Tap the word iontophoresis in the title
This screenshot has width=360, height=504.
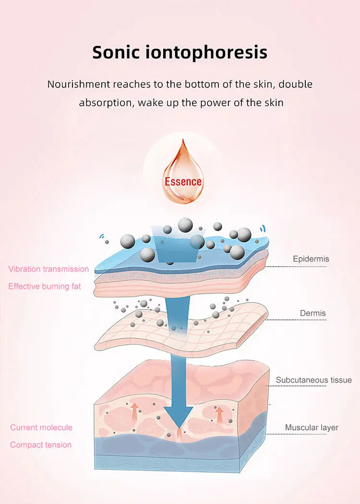210,52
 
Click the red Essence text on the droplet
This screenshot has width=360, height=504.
183,182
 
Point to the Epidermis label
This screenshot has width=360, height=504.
311,259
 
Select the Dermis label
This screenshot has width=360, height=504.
313,314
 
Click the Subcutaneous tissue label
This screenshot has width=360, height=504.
314,380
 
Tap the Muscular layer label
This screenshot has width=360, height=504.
312,427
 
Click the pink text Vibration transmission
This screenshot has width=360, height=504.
48,269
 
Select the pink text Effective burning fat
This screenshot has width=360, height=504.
45,286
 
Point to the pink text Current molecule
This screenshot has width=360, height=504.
41,427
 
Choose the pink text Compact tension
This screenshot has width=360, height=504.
41,445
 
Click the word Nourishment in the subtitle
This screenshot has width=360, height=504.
78,84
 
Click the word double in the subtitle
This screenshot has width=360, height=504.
296,84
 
